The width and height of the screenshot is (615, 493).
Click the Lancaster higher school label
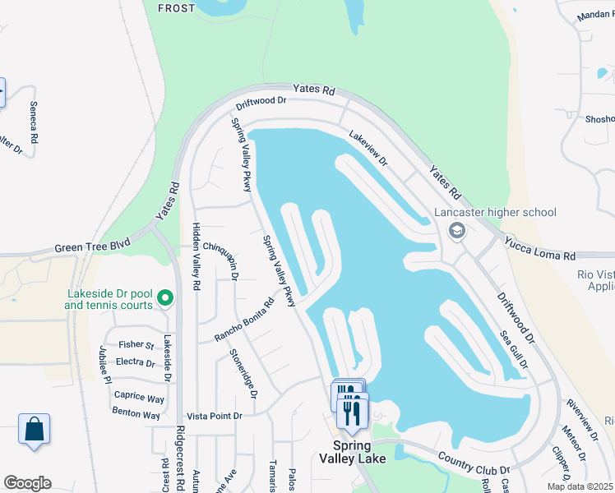(x=496, y=212)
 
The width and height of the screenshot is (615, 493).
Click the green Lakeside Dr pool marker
(x=164, y=297)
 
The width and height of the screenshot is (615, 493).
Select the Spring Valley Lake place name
(x=352, y=452)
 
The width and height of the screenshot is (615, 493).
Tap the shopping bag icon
(x=34, y=429)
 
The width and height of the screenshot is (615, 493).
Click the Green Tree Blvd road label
(x=93, y=246)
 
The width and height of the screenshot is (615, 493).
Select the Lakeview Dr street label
(x=367, y=150)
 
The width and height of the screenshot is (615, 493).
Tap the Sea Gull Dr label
(x=514, y=349)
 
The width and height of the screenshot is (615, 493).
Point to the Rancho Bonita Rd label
(x=243, y=320)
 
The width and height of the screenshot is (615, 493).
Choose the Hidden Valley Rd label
(x=197, y=256)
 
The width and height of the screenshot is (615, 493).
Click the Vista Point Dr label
(x=215, y=417)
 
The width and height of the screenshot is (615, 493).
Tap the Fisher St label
(x=136, y=345)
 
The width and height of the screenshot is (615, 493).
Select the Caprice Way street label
(x=139, y=397)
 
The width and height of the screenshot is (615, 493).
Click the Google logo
(x=27, y=483)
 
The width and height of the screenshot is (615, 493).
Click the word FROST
(x=176, y=8)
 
